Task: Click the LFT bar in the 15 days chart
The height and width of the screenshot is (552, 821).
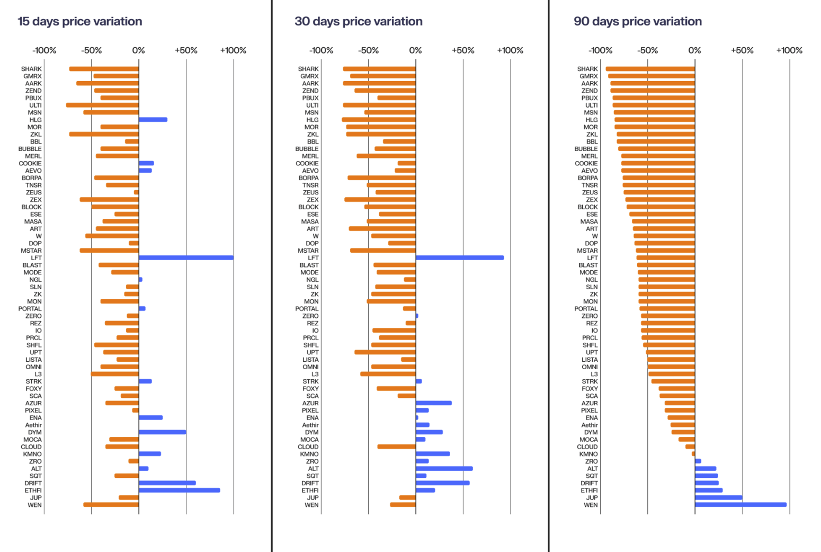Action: click(x=186, y=258)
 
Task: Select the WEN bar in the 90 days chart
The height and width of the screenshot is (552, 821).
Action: click(x=740, y=505)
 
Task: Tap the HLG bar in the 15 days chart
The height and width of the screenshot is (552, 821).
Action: click(x=153, y=120)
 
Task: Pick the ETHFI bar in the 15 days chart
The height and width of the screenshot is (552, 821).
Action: click(x=179, y=491)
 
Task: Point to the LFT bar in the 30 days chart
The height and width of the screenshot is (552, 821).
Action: click(x=460, y=258)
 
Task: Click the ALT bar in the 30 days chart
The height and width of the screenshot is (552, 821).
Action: click(x=444, y=469)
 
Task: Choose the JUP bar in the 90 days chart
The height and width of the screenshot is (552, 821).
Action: click(x=718, y=498)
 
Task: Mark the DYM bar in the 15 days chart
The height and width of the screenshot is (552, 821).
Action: click(x=162, y=432)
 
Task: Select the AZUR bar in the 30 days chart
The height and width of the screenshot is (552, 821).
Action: click(x=434, y=403)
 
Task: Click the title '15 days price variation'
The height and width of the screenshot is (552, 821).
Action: click(x=80, y=22)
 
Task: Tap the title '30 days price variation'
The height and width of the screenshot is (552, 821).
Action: click(x=359, y=22)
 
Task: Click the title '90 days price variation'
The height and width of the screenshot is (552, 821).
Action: click(x=638, y=22)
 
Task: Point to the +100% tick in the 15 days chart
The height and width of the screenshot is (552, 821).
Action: click(x=233, y=50)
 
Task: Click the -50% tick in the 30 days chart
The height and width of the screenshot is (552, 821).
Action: click(x=369, y=50)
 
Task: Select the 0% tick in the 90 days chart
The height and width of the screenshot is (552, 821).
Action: click(x=694, y=50)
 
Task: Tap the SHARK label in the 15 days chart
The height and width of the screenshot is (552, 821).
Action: click(x=31, y=69)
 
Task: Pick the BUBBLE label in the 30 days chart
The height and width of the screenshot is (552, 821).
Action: click(x=307, y=149)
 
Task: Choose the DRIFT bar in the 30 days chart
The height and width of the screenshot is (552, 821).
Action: click(x=442, y=483)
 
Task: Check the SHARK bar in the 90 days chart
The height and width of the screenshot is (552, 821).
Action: click(x=650, y=69)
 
